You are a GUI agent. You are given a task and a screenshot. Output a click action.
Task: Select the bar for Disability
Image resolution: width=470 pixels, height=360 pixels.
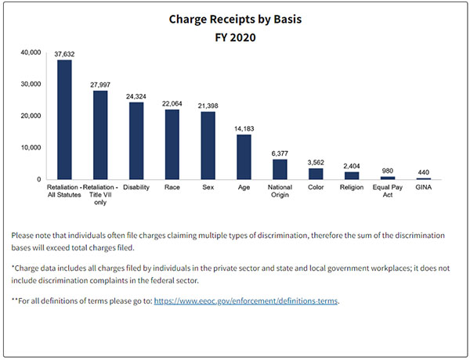136,141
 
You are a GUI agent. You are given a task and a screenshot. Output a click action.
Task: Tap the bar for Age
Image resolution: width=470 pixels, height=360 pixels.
244,157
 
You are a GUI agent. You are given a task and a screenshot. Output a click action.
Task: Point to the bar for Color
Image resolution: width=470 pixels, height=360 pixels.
316,174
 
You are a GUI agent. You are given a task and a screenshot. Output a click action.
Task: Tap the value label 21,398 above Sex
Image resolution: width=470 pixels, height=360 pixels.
208,105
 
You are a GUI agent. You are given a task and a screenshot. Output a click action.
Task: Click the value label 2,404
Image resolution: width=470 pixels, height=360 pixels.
352,165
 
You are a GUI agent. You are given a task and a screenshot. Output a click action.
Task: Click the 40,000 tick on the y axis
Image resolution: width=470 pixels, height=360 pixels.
30,52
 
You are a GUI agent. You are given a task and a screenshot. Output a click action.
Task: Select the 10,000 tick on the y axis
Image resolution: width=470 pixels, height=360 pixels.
30,148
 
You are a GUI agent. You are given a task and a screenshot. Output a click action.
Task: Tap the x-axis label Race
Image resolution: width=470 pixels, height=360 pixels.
172,188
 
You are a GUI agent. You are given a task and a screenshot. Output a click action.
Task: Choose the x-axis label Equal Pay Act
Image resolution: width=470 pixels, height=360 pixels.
388,192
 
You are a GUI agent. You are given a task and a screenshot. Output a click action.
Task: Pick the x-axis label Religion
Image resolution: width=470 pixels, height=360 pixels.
352,188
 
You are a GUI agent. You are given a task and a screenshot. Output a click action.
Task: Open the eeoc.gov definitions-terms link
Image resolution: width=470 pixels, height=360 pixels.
246,301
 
